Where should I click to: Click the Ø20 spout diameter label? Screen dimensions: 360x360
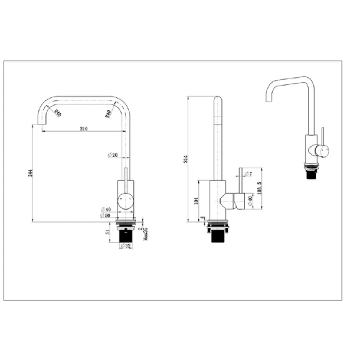click(x=112, y=155)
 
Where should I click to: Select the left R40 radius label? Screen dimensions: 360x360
click(x=58, y=112)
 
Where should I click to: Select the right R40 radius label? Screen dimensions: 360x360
click(x=108, y=112)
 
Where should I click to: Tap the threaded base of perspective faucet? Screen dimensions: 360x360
click(x=310, y=173)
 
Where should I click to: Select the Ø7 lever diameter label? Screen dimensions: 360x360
click(x=248, y=174)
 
